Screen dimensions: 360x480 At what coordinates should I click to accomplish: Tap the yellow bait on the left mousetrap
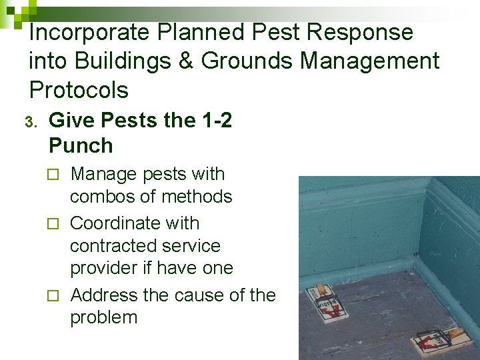coord(321,289)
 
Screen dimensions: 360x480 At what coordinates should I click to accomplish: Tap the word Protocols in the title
coord(79,89)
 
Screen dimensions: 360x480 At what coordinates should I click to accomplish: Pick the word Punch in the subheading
coord(81,145)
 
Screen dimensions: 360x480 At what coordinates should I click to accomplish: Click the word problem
coord(103,317)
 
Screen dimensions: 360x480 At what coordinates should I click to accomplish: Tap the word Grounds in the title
coord(247,61)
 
